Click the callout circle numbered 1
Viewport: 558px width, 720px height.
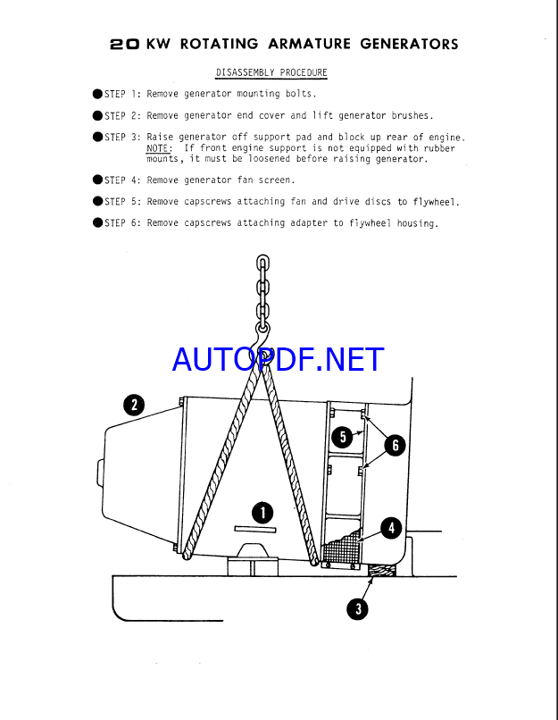[x=262, y=512]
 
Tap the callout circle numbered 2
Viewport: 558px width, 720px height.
[x=133, y=406]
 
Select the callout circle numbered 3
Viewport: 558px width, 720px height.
[x=358, y=609]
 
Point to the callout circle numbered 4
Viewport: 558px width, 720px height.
[x=391, y=528]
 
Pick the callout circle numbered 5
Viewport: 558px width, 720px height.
[x=341, y=436]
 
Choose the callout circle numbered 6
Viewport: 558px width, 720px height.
[x=394, y=444]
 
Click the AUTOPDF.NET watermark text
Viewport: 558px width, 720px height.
[x=278, y=359]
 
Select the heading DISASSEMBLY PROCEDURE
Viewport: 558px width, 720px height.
[x=271, y=72]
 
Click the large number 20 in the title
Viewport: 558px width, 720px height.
[x=124, y=44]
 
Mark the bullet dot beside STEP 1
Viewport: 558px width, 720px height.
[x=97, y=93]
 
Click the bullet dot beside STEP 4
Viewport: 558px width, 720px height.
[x=97, y=180]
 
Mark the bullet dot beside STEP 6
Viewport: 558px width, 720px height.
[x=97, y=223]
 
